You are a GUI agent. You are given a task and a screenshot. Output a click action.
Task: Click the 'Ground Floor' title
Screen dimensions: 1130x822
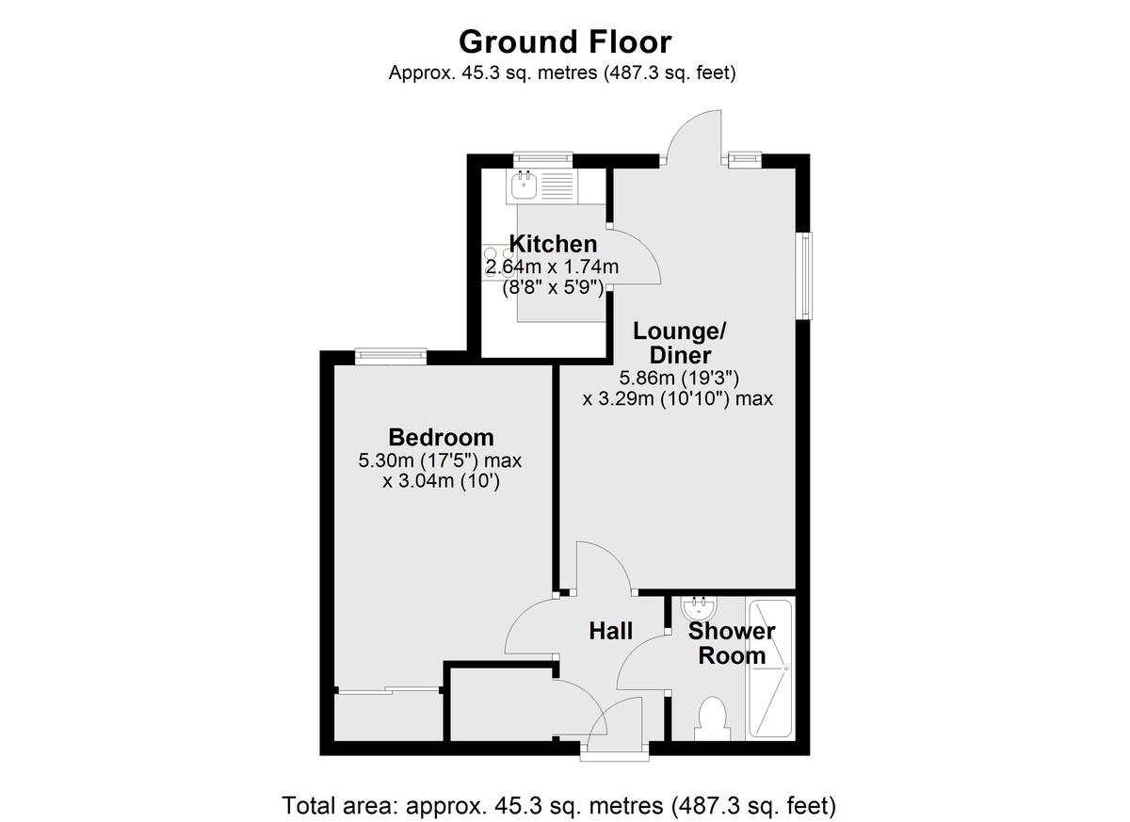click(x=565, y=41)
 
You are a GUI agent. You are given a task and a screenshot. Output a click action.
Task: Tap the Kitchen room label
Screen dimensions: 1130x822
click(x=553, y=244)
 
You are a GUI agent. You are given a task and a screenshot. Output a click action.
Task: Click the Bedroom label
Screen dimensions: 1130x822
click(x=441, y=437)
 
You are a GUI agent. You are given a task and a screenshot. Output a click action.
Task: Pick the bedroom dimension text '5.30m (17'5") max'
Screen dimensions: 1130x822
click(x=440, y=460)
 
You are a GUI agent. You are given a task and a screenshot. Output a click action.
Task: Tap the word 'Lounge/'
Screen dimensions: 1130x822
click(x=680, y=331)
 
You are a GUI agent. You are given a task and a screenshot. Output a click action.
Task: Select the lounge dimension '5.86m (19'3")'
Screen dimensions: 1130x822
click(x=679, y=378)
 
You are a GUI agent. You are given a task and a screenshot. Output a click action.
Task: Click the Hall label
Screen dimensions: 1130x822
click(x=610, y=631)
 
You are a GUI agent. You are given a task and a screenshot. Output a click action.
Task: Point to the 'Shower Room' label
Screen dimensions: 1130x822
click(x=732, y=643)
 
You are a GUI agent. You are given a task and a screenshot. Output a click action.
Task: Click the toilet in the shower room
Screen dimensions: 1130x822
click(x=712, y=718)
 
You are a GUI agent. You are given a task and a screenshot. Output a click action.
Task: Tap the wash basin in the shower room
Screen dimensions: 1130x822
click(x=698, y=608)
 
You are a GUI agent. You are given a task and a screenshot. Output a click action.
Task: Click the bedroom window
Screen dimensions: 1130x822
click(x=391, y=356)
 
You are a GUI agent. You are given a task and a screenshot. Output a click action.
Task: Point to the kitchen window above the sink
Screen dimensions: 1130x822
click(x=542, y=160)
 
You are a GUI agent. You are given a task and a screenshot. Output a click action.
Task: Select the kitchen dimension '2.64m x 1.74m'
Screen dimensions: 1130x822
click(x=552, y=266)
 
